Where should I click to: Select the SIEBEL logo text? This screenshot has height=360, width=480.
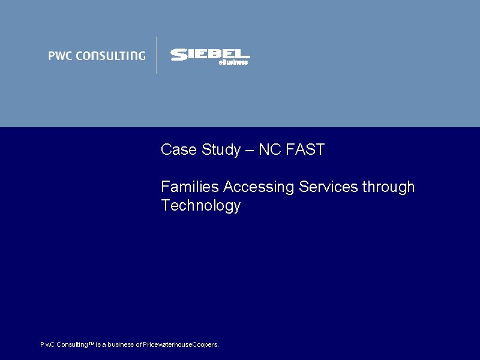tap(210, 55)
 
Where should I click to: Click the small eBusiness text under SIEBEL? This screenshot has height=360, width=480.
tap(233, 62)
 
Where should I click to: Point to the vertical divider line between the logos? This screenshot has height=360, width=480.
tap(157, 55)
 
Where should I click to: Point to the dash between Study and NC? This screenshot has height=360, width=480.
tap(249, 151)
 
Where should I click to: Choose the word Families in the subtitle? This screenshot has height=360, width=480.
tap(190, 187)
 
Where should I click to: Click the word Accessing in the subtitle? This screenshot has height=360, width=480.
tap(259, 187)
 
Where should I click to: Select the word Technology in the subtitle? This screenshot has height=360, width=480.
tap(200, 206)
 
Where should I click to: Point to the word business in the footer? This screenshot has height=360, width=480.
tap(121, 345)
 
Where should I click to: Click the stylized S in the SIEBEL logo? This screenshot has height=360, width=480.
tap(179, 55)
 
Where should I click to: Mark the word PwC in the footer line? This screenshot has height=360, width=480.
tap(47, 345)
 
